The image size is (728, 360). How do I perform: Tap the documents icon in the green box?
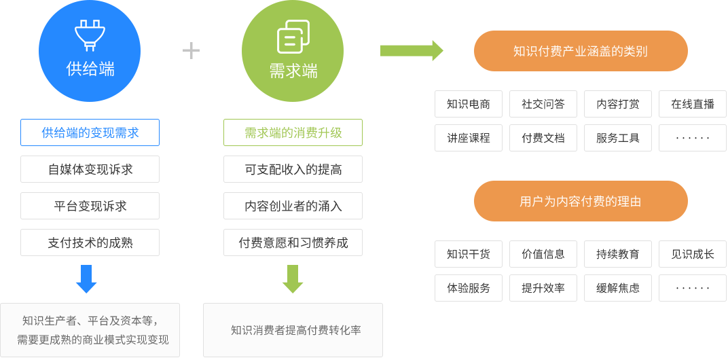pos(293,37)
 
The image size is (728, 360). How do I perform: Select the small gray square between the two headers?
pos(191,50)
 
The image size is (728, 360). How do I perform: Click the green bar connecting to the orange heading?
pos(412,51)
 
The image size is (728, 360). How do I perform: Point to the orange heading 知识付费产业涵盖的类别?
pos(580,51)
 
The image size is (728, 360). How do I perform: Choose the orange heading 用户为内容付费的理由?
pos(580,201)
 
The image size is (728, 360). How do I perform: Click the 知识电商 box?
pos(469,104)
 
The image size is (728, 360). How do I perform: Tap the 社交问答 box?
pos(543,104)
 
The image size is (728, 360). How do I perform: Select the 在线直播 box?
pos(692,104)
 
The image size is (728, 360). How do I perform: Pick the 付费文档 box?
pos(543,138)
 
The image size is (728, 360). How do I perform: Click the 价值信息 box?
pos(543,254)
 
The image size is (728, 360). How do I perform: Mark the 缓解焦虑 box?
pos(618,288)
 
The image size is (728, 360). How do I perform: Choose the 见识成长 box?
pos(692,254)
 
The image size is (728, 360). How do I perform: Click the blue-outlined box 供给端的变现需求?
pos(90,132)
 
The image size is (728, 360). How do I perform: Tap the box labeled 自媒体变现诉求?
pos(90,169)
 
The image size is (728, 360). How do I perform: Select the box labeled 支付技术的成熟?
pos(90,242)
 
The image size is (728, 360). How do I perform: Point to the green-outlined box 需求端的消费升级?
pos(293,132)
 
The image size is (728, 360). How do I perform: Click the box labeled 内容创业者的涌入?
pos(293,206)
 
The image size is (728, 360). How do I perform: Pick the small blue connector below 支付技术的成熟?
pos(86,279)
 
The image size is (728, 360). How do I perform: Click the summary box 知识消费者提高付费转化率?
pos(293,330)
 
